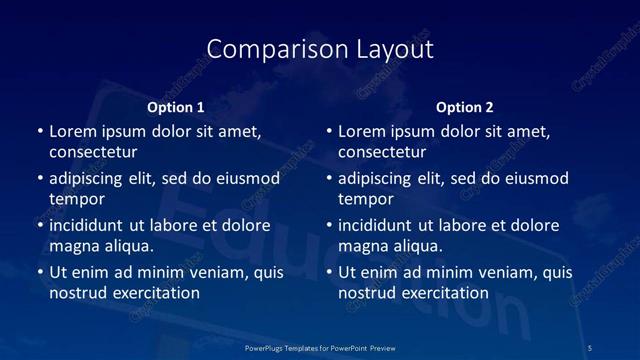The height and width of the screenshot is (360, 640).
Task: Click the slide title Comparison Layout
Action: pos(320,49)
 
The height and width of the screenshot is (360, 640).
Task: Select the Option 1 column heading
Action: pos(176,107)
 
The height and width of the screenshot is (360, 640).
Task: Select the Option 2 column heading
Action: pos(465,107)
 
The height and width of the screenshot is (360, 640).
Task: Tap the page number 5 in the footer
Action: pos(591,346)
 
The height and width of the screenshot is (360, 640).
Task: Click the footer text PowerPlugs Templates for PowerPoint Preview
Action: pos(320,346)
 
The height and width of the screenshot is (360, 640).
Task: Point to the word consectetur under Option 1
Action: pos(93,152)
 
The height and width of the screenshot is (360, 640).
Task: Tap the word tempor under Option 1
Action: pos(77,199)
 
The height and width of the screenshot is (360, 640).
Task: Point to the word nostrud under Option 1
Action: pos(77,293)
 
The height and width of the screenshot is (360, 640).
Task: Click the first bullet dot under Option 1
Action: pos(40,131)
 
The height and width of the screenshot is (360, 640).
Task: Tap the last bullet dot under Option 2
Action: pos(329,272)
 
